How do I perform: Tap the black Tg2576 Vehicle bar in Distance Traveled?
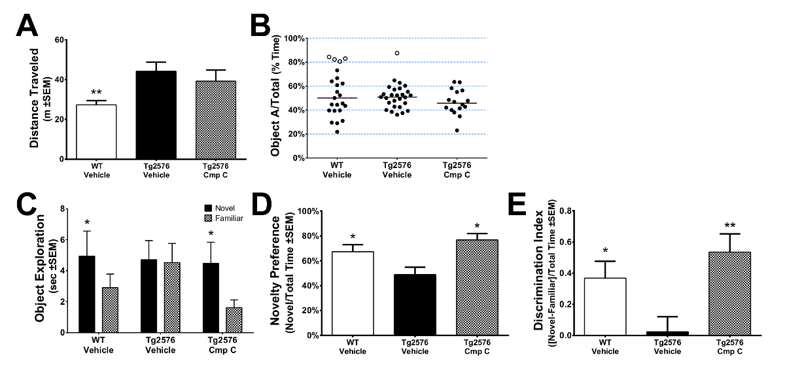click(156, 115)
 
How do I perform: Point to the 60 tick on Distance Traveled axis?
click(60, 40)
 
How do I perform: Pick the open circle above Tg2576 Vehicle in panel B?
click(397, 53)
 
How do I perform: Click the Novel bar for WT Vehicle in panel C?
click(87, 294)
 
